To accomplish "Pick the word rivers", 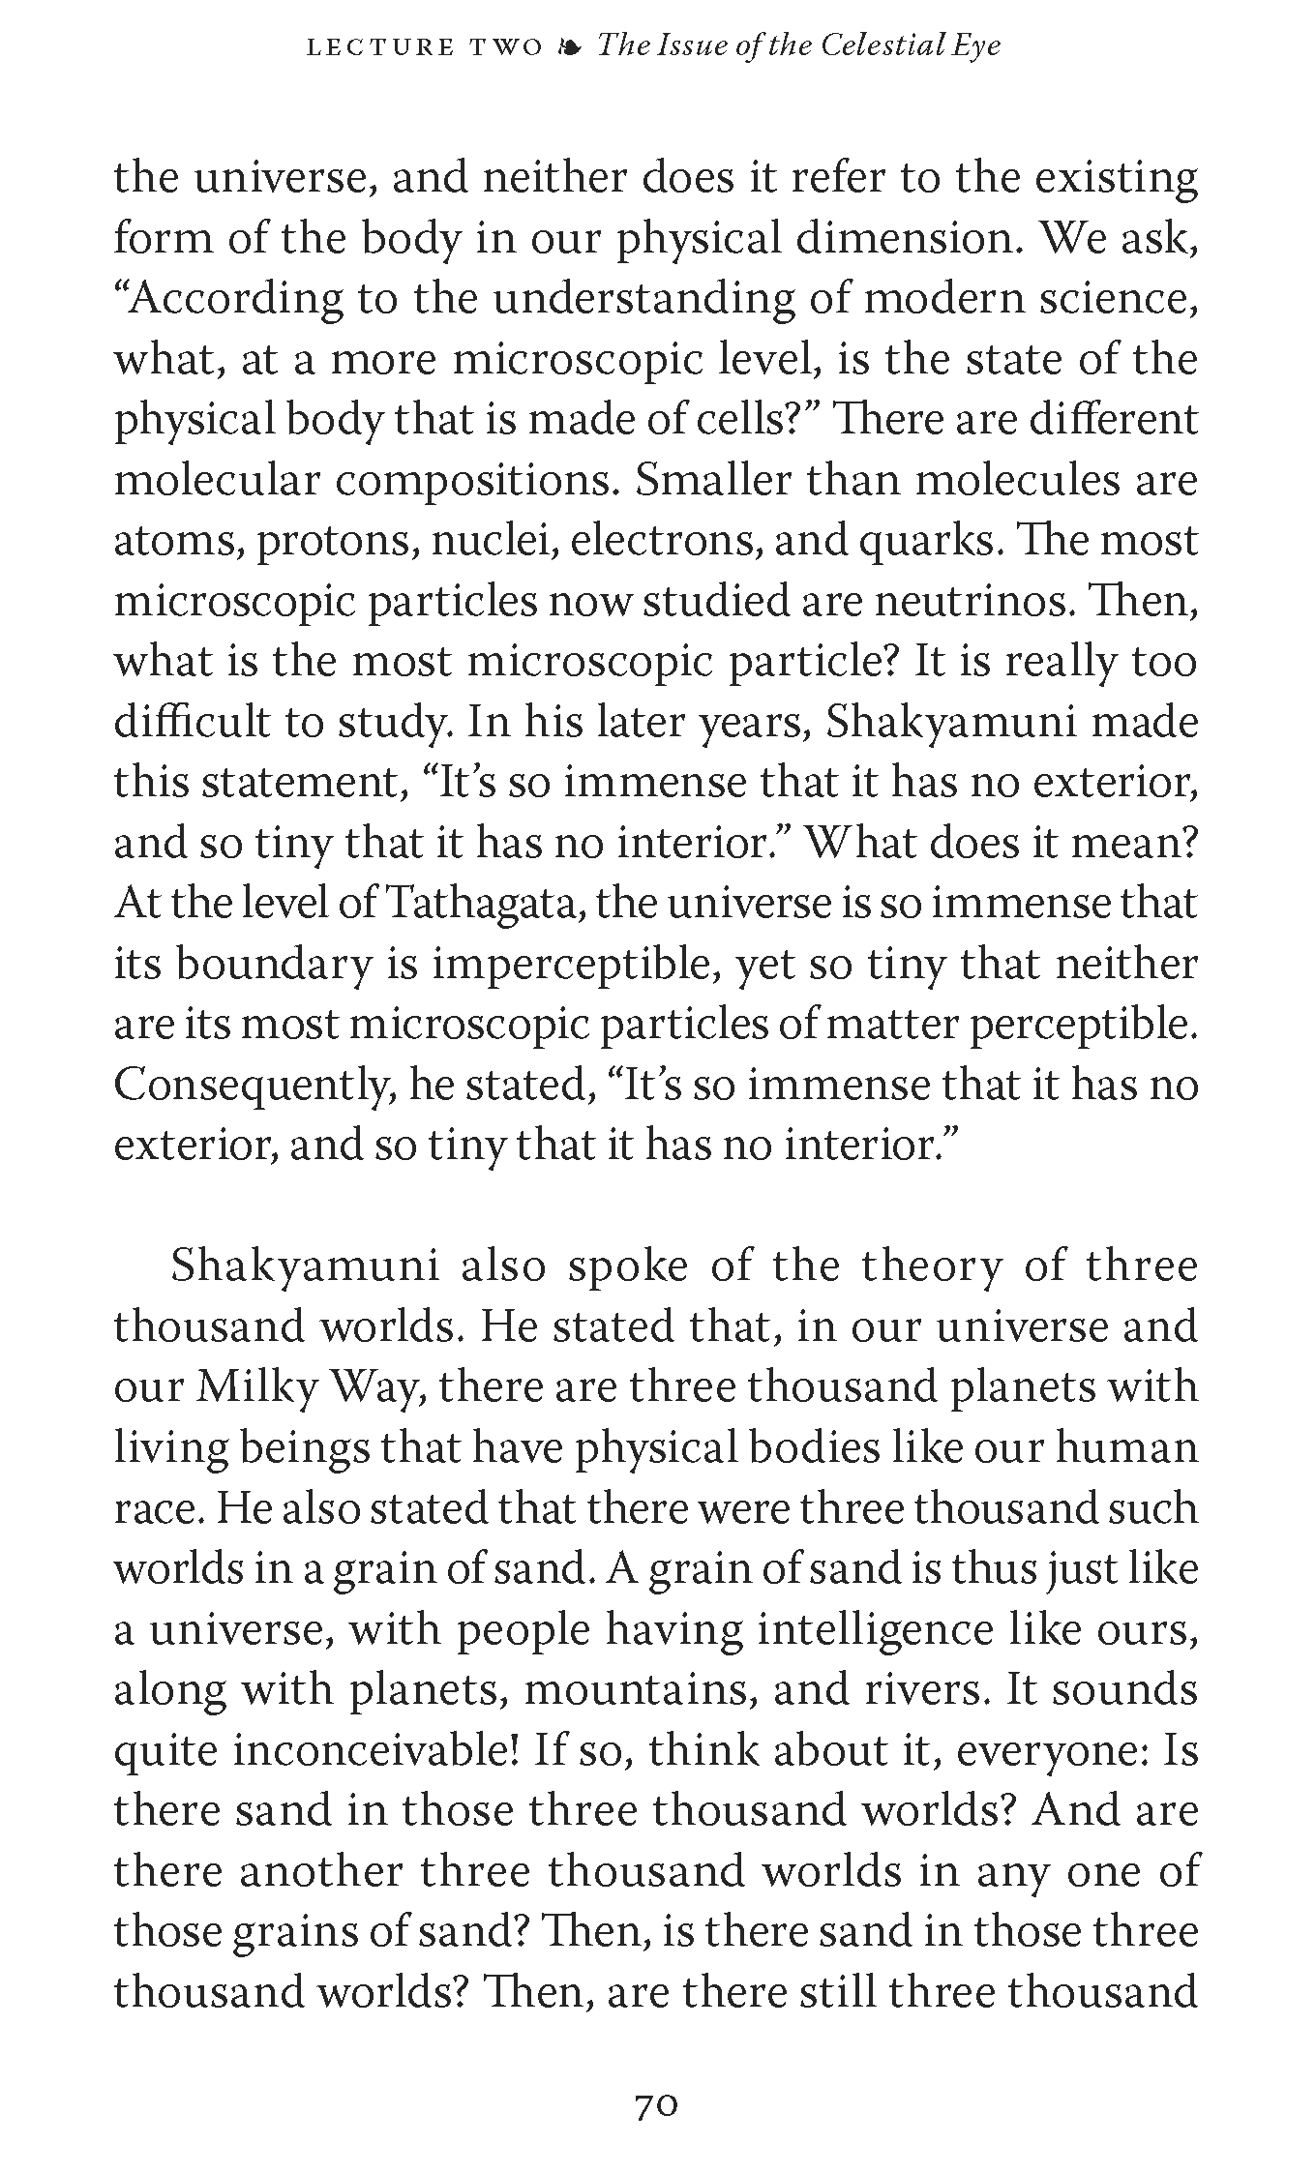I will tap(921, 1689).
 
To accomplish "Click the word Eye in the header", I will tap(976, 47).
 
